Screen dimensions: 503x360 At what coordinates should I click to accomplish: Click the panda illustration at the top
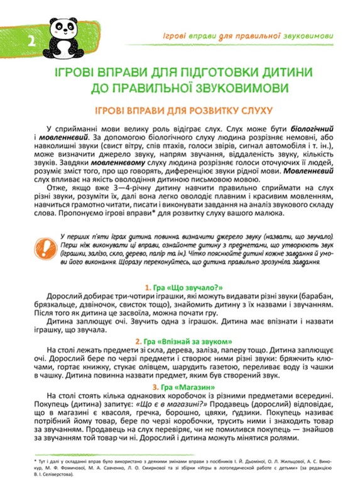point(65,29)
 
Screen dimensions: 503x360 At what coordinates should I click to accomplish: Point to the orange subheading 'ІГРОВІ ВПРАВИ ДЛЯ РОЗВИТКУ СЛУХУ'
point(180,109)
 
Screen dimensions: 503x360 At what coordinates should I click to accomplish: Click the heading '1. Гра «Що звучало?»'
point(180,286)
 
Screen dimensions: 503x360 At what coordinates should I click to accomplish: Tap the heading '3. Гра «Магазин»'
point(180,385)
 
